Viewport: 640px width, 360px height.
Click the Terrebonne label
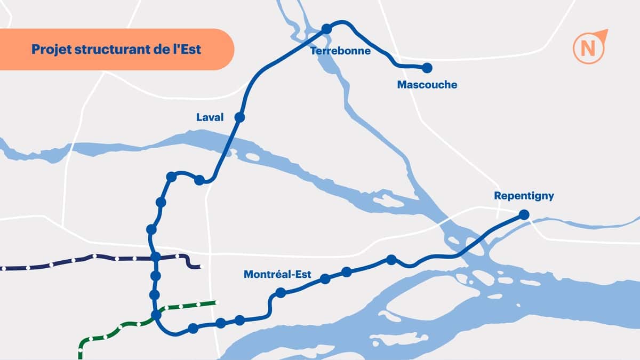[x=340, y=51]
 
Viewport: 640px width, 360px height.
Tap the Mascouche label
[x=427, y=85]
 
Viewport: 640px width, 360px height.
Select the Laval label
[x=210, y=117]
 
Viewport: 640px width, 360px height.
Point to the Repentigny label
[x=524, y=196]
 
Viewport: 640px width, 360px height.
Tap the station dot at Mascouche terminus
[x=427, y=68]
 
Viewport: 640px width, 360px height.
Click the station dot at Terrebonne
[x=327, y=29]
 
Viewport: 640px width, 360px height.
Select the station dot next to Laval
[x=239, y=117]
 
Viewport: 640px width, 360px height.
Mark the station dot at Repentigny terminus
[x=524, y=214]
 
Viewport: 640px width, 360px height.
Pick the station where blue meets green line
[x=156, y=315]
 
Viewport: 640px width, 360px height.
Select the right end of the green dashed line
[x=216, y=303]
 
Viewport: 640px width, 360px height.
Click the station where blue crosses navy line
[x=155, y=258]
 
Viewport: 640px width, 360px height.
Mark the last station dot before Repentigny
[x=391, y=260]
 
